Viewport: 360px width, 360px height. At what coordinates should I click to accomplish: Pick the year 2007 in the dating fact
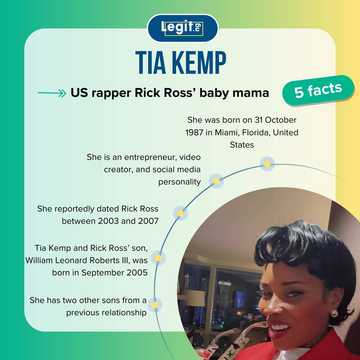(x=153, y=220)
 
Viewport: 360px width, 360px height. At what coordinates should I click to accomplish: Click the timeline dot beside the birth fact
(x=266, y=162)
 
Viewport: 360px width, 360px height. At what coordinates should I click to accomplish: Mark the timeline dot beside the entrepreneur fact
(x=213, y=182)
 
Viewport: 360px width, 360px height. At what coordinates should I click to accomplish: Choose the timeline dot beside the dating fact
(x=179, y=213)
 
